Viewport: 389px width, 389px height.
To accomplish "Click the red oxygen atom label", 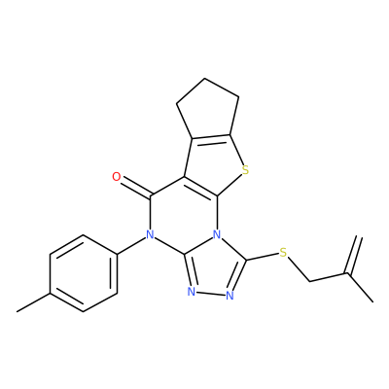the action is pyautogui.click(x=116, y=177).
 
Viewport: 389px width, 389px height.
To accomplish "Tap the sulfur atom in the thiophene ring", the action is pyautogui.click(x=245, y=170).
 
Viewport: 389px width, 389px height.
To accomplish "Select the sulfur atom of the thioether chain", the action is pyautogui.click(x=283, y=253).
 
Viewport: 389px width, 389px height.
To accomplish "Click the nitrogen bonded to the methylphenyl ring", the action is pyautogui.click(x=150, y=234).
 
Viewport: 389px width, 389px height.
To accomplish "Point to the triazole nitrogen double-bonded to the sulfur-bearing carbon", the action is pyautogui.click(x=230, y=295).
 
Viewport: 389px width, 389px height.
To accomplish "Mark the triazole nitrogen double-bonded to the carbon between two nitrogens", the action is pyautogui.click(x=192, y=292).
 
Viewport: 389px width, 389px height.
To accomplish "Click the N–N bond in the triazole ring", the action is pyautogui.click(x=211, y=294).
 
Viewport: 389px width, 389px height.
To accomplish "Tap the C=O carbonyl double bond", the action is pyautogui.click(x=135, y=188).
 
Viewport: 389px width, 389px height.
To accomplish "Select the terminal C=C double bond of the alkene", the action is pyautogui.click(x=354, y=256).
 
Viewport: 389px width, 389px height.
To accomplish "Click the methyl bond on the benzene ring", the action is pyautogui.click(x=33, y=302).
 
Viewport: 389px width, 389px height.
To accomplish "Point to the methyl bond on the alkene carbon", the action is pyautogui.click(x=361, y=288).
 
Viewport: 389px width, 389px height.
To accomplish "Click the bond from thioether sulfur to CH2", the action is pyautogui.click(x=299, y=268).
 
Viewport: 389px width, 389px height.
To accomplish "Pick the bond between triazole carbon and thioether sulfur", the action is pyautogui.click(x=263, y=257).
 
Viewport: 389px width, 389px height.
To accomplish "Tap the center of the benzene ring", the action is pyautogui.click(x=84, y=273).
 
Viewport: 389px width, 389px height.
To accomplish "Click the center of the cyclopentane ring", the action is pyautogui.click(x=206, y=110).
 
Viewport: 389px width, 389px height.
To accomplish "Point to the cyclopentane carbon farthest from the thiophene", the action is pyautogui.click(x=204, y=78).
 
